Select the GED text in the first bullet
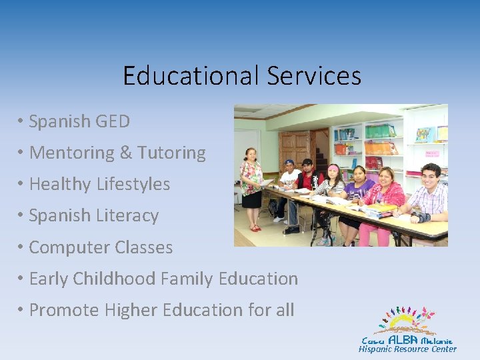point(113,121)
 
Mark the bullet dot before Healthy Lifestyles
point(22,184)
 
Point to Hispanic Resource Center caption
point(407,349)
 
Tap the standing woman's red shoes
point(255,228)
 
